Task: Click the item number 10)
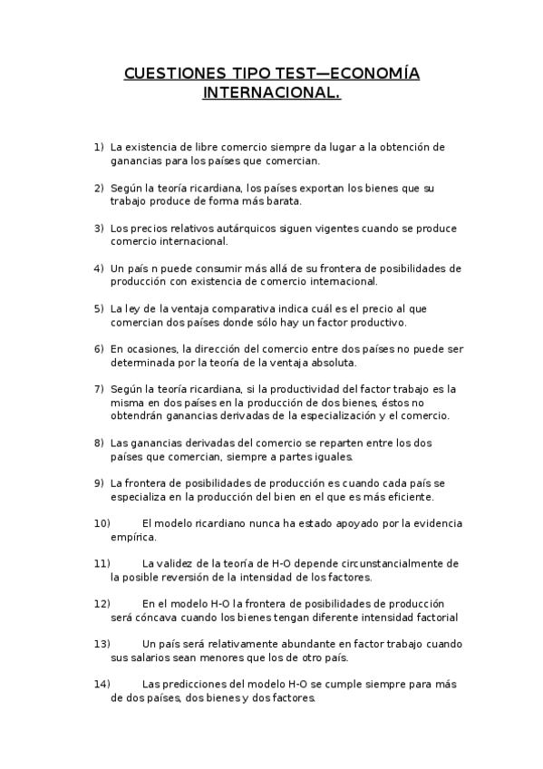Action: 102,523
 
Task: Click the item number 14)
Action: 102,684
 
